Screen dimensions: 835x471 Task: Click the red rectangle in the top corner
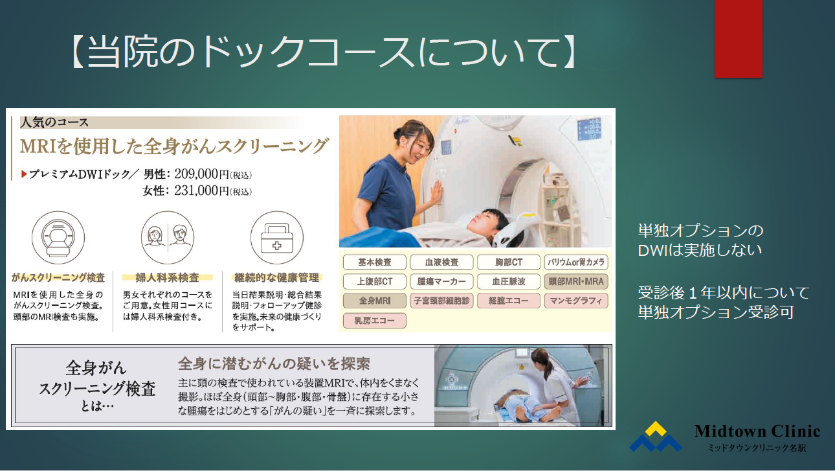(738, 38)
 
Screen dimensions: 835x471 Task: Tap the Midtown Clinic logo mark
(656, 437)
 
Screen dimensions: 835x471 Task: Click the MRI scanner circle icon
(58, 238)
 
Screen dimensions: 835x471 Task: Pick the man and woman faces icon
(168, 238)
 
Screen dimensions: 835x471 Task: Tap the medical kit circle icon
(276, 238)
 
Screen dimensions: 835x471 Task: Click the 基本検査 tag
(375, 262)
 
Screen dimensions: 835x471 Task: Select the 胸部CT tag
(509, 262)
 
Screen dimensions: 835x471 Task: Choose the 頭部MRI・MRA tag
(576, 281)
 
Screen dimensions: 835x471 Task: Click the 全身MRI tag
(375, 301)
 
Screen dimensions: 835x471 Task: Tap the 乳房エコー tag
(375, 321)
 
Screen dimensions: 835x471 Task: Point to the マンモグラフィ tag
(576, 301)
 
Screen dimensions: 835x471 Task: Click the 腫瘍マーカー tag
(441, 281)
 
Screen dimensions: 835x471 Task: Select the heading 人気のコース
(54, 122)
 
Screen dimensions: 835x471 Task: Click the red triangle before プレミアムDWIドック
(24, 174)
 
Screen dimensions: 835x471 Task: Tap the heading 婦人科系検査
(168, 277)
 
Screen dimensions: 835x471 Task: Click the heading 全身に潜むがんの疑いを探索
(274, 363)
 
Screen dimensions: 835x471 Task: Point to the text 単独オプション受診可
(716, 312)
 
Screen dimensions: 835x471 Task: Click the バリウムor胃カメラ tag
(576, 262)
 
